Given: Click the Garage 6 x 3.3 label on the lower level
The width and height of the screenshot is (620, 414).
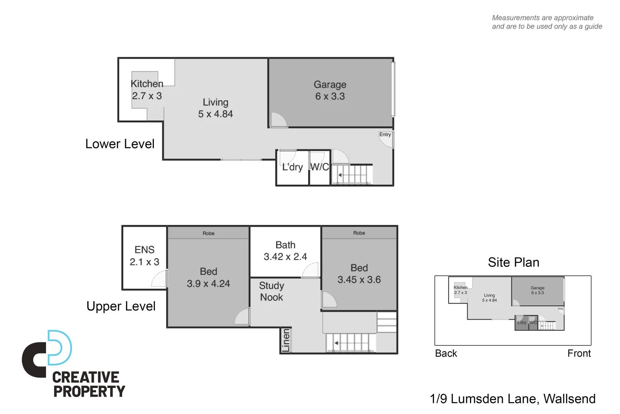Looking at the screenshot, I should tap(330, 90).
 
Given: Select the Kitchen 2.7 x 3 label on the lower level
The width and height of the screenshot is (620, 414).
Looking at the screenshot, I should tap(147, 90).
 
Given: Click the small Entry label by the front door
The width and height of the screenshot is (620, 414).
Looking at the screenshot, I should tap(385, 135).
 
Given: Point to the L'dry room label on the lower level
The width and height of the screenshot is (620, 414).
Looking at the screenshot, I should tap(292, 167).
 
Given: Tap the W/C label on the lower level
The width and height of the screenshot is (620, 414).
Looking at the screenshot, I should tap(320, 167).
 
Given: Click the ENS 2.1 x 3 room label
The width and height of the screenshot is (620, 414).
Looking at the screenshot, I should tap(144, 256).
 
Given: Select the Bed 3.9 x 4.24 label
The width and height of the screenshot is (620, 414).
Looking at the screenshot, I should tap(208, 278).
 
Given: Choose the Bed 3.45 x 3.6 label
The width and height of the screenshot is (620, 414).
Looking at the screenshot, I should tap(359, 274).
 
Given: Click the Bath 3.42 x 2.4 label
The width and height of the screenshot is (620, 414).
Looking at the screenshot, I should tap(285, 251).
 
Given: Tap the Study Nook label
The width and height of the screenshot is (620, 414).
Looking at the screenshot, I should tap(271, 291).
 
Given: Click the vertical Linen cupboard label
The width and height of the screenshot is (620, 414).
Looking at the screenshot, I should tap(286, 340).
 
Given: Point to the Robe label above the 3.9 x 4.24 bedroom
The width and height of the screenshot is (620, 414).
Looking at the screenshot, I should tap(209, 233).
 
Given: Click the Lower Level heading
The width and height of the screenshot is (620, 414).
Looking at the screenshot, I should tap(120, 144).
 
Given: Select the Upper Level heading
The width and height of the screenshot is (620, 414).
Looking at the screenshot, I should tap(121, 306).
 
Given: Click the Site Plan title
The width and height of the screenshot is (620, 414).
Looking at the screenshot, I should tap(513, 263).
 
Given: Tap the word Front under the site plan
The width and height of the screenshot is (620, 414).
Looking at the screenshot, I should tap(579, 353).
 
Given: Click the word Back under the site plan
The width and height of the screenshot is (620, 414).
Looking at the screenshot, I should tap(446, 353).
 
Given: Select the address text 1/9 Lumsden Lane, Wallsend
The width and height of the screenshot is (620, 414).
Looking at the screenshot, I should tap(512, 399).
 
